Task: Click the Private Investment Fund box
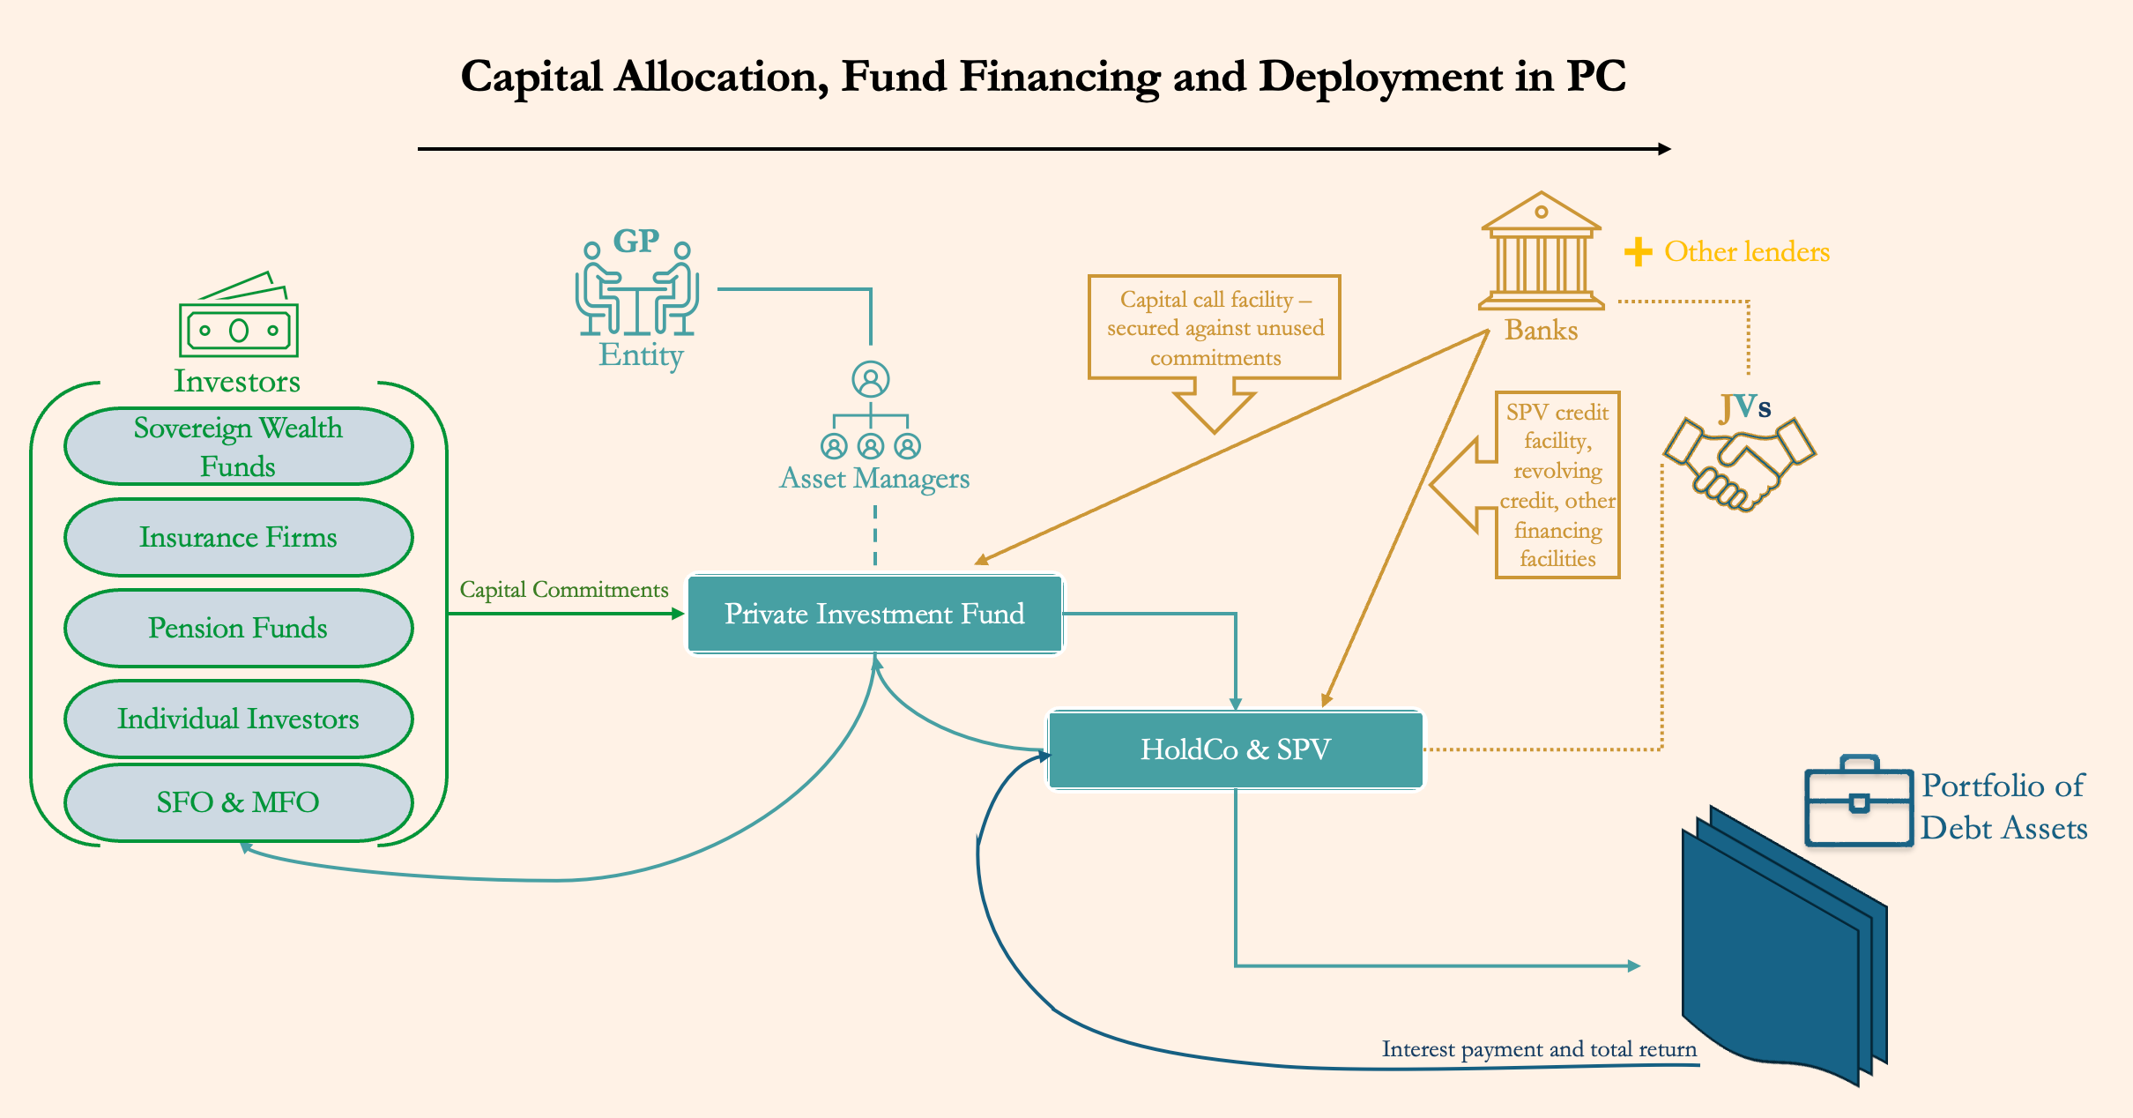[874, 614]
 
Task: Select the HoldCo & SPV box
[1235, 749]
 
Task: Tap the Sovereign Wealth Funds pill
[238, 446]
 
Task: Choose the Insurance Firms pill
[238, 537]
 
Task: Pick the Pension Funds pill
[238, 628]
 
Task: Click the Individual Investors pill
[238, 719]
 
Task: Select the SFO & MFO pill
[238, 802]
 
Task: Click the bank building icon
[1541, 252]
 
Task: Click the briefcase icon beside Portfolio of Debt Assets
[1858, 801]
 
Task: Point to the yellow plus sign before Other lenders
[1638, 252]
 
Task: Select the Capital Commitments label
[564, 589]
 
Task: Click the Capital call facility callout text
[1215, 328]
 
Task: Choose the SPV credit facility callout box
[1557, 485]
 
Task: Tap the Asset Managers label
[874, 478]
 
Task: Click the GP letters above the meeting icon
[635, 241]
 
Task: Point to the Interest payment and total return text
[1539, 1049]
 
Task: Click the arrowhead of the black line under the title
[1664, 149]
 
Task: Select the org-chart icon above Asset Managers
[871, 411]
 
